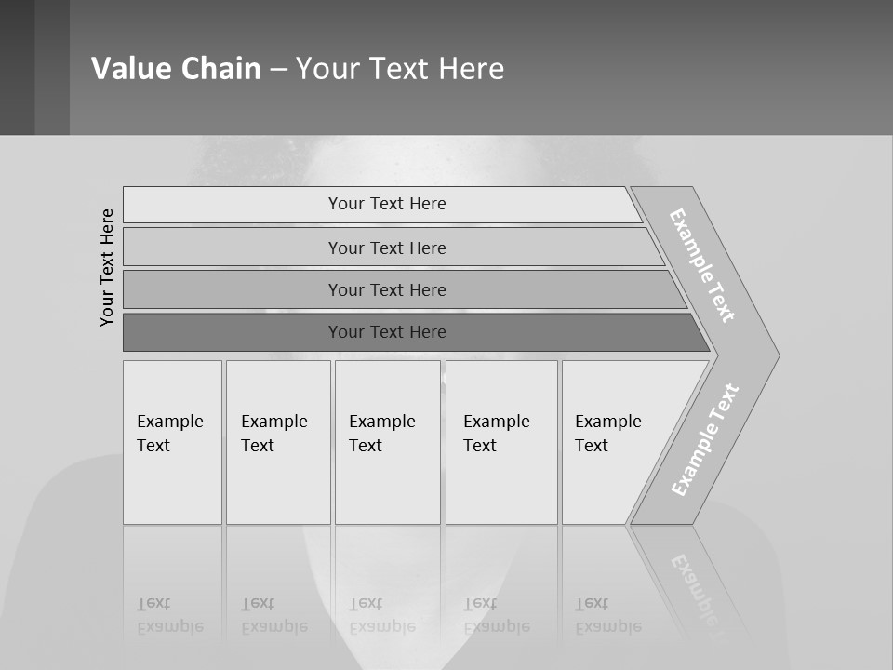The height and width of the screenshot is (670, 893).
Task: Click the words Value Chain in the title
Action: coord(176,69)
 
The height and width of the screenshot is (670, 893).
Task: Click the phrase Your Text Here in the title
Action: coord(400,69)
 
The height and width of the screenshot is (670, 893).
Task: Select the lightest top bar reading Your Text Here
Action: coord(386,204)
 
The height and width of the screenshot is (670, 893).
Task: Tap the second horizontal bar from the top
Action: coord(386,248)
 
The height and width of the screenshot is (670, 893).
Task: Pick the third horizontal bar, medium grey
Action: coord(386,289)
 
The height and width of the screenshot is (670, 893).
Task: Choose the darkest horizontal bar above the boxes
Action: coord(386,332)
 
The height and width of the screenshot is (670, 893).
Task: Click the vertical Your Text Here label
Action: coord(107,267)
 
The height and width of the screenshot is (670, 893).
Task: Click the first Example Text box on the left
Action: coord(172,442)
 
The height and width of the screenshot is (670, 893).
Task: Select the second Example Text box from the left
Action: coord(278,442)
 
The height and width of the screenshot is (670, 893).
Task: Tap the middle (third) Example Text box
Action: coord(387,442)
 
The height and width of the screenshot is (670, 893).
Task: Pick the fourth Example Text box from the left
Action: coord(501,442)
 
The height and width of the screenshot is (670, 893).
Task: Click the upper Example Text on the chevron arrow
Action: coord(702,265)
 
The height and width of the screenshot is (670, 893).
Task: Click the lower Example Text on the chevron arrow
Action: coord(705,440)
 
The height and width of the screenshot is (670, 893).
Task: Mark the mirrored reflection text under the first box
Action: coord(170,616)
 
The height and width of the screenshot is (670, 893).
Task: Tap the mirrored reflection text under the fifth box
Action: coord(608,616)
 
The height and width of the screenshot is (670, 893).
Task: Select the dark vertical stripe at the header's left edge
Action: coord(17,67)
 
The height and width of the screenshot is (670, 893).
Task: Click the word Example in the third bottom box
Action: coord(381,422)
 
